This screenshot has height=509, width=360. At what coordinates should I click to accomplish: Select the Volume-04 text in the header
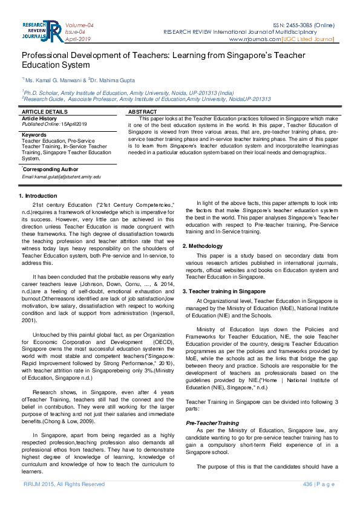(x=79, y=25)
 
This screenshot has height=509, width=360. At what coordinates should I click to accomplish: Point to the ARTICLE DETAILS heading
(x=45, y=112)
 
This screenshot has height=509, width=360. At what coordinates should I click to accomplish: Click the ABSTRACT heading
(x=143, y=112)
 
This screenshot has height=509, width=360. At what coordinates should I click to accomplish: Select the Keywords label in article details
(x=34, y=134)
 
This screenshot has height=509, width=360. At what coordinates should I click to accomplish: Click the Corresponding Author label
(x=50, y=169)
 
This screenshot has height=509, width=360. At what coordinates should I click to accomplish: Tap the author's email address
(x=61, y=177)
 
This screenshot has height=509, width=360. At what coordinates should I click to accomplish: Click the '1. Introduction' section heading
(x=38, y=196)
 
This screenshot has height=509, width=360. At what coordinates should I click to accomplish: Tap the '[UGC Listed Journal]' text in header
(x=309, y=39)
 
